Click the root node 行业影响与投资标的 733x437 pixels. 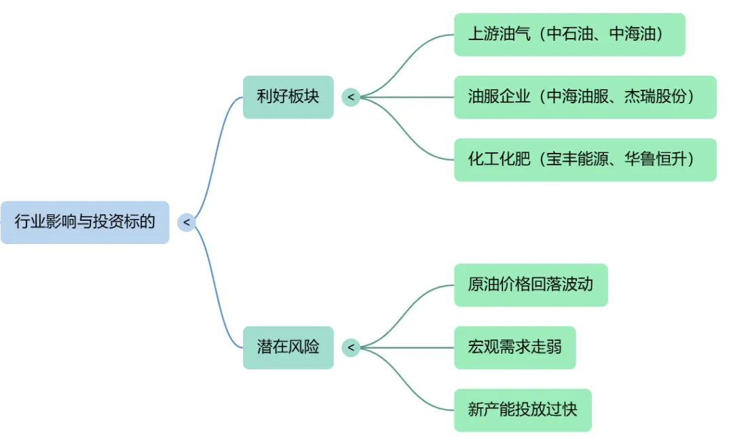(x=85, y=222)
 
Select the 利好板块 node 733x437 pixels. (x=288, y=97)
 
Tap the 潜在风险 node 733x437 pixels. (x=288, y=347)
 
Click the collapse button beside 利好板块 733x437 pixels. (x=351, y=97)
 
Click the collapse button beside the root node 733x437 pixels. (x=187, y=222)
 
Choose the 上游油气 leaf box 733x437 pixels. (x=569, y=35)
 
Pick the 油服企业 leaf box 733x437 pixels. (x=584, y=97)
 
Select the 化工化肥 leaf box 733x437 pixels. (x=584, y=160)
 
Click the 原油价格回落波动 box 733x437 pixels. (x=530, y=285)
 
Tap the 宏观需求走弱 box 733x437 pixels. (x=514, y=347)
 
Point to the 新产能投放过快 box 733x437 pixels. (x=522, y=410)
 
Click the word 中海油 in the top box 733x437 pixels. (x=635, y=35)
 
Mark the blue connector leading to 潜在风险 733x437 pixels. (x=216, y=292)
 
